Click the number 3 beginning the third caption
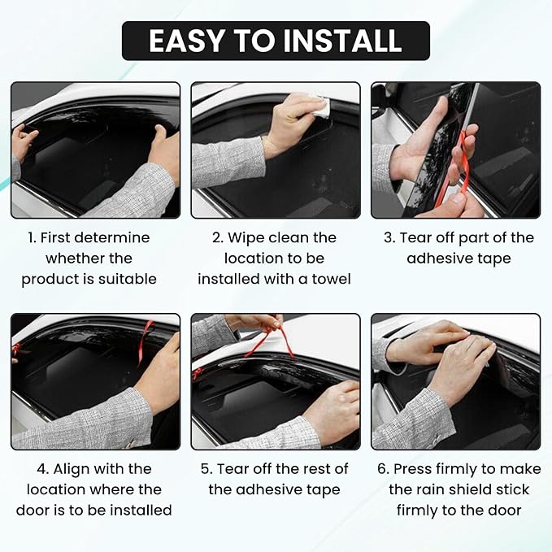click(389, 237)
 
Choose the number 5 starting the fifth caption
click(205, 469)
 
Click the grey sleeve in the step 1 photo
click(128, 193)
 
